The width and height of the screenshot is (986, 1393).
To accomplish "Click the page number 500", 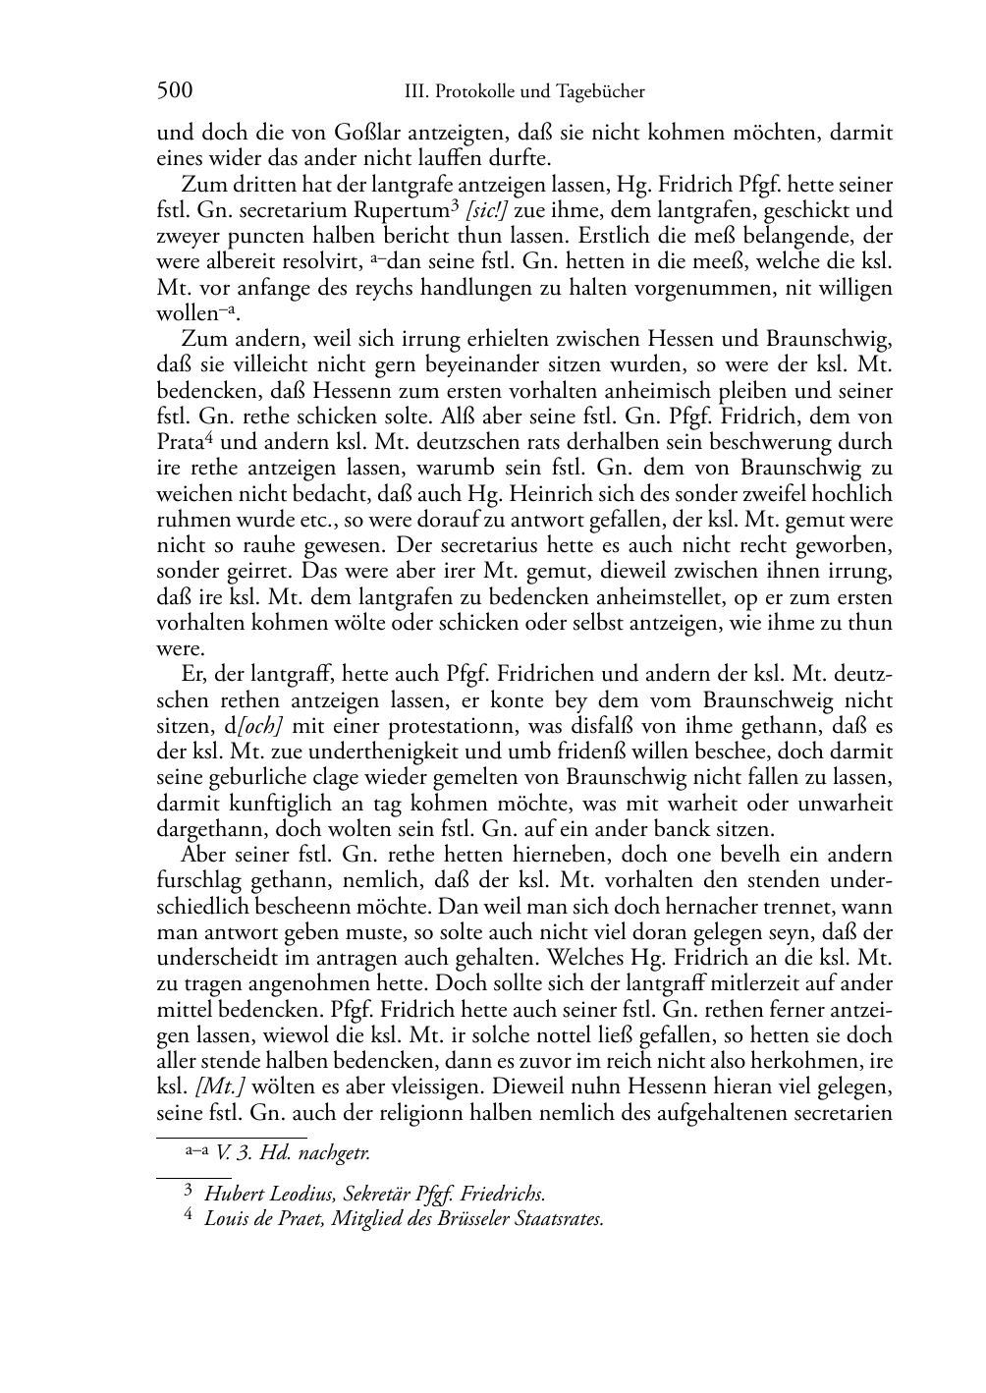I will click(174, 91).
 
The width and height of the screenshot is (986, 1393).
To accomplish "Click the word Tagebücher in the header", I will click(598, 92).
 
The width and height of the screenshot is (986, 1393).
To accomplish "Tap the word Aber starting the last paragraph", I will click(204, 855).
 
